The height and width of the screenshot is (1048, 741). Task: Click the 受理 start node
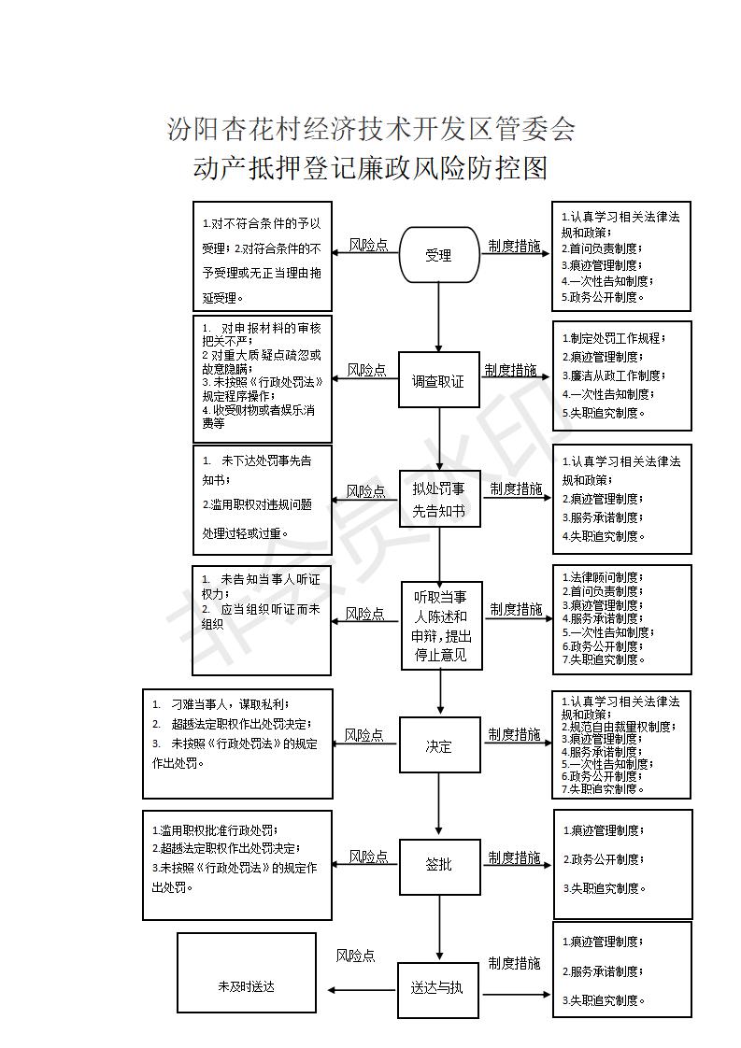pos(439,255)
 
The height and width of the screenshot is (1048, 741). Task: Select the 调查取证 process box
pos(439,379)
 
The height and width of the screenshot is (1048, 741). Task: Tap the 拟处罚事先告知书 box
pos(440,499)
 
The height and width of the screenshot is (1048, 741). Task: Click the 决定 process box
pos(440,745)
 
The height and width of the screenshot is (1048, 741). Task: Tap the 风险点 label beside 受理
pos(368,246)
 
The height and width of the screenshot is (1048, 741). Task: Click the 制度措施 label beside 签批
pos(514,857)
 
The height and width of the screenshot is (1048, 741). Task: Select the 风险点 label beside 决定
pos(363,735)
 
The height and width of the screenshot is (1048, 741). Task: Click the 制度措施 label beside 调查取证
pos(511,370)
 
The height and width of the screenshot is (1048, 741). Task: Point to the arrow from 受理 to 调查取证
pos(439,318)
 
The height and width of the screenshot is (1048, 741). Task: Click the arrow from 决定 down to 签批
pos(439,806)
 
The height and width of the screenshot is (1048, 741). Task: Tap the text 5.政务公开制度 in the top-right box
pos(602,297)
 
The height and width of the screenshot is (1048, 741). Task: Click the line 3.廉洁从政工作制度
pos(613,375)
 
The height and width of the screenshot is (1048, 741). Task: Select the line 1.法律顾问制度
pos(603,577)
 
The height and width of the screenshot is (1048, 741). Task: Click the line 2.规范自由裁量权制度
pos(619,727)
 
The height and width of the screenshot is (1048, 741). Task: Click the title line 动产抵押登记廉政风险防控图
pos(370,168)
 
